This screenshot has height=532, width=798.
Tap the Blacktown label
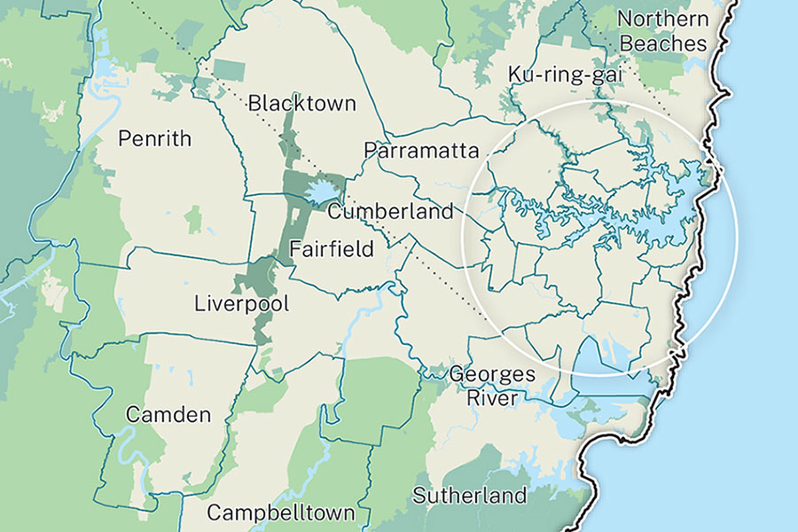point(302,103)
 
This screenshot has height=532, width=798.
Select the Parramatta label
point(421,150)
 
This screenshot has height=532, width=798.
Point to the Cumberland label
point(390,212)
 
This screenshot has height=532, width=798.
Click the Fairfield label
point(332,248)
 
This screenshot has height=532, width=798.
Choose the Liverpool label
point(242,304)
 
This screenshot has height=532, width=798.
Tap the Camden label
point(168,414)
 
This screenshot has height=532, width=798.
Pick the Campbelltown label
point(281,512)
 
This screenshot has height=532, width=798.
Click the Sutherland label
point(469,495)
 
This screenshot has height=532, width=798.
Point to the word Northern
point(662,19)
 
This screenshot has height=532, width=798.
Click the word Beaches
point(663,43)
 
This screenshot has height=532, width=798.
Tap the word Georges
point(492,373)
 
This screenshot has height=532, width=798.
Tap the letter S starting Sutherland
point(419,495)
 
